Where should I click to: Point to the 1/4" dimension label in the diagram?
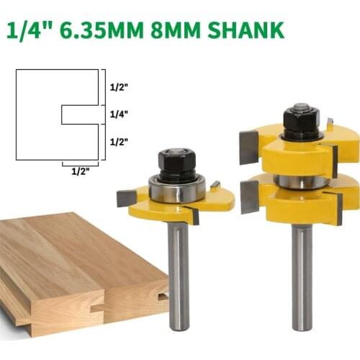point(119,114)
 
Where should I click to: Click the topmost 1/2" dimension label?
point(119,87)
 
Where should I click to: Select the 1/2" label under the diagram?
point(81,171)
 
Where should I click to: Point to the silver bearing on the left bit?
point(177,190)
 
